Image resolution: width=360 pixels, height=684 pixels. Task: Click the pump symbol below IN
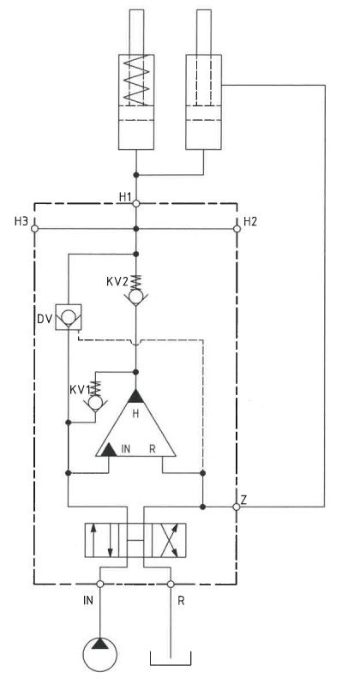(100, 653)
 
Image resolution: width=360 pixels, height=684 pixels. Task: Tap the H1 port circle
(135, 203)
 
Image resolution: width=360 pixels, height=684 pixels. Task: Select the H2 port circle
(237, 229)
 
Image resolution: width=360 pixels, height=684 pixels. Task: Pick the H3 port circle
(35, 229)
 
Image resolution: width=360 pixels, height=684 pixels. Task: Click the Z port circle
(237, 507)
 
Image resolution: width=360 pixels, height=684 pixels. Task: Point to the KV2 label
(117, 281)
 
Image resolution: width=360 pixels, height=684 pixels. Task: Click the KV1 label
(80, 389)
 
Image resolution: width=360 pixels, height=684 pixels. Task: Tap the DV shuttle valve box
(69, 316)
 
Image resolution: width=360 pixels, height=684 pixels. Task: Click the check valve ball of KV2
(135, 297)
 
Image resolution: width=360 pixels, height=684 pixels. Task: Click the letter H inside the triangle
(135, 415)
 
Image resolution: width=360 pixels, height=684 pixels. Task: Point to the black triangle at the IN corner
(107, 450)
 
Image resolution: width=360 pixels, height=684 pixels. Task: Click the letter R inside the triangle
(153, 448)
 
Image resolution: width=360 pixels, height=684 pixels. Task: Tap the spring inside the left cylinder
(135, 80)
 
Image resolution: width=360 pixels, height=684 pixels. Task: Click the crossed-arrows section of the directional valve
(169, 540)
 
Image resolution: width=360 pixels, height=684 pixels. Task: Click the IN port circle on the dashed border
(100, 584)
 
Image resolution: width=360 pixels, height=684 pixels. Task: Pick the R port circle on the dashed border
(171, 584)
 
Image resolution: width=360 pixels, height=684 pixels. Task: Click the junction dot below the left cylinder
(135, 175)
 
